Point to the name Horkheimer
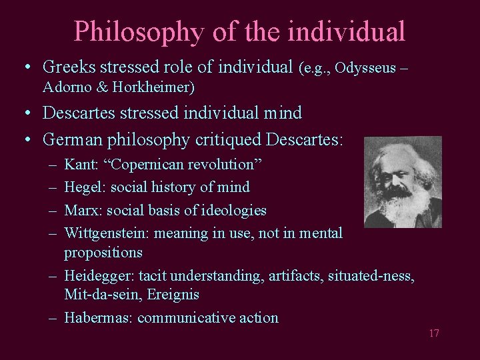pos(155,87)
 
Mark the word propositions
pos(103,253)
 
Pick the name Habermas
pos(98,317)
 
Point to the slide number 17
pos(433,333)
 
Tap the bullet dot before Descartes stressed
pos(27,113)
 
